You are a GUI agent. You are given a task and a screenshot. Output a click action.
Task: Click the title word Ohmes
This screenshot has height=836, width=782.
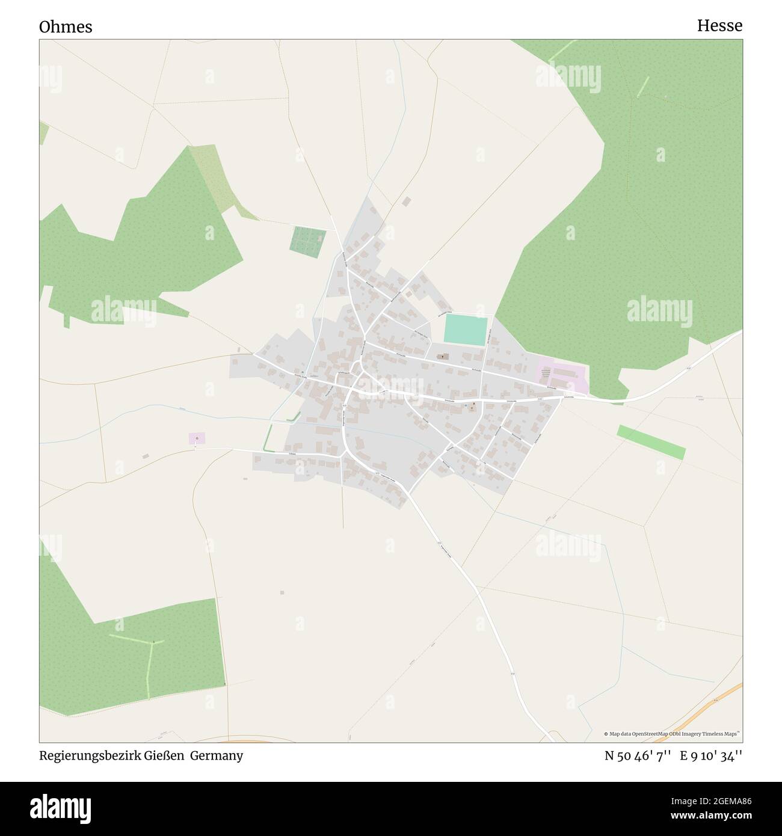[66, 27]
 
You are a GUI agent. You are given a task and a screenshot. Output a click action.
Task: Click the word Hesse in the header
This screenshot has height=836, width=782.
[719, 25]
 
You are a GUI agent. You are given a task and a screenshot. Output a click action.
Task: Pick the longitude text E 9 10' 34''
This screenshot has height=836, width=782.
[711, 755]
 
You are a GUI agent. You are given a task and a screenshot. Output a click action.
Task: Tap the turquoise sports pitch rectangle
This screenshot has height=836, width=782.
[465, 330]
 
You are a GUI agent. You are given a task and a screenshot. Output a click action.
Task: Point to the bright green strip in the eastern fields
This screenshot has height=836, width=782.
[651, 442]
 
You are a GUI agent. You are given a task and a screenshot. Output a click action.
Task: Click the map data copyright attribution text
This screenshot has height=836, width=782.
[672, 734]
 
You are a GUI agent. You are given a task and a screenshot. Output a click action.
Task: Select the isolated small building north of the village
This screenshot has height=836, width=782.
[406, 201]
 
